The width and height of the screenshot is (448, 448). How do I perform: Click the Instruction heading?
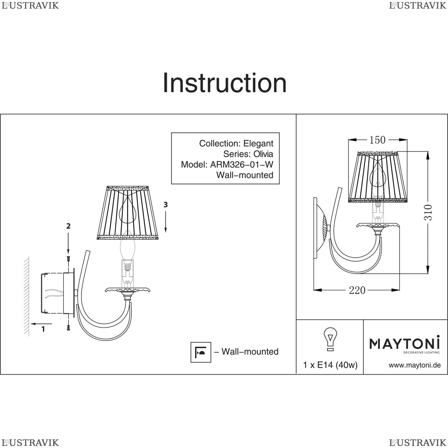[224, 83]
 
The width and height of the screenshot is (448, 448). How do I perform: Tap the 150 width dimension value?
[377, 140]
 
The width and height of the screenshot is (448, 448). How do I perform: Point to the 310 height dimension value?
[428, 212]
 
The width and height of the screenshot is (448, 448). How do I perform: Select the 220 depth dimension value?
[357, 290]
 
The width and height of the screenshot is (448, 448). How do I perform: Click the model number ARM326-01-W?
[242, 164]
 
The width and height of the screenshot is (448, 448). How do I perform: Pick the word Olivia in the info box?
[263, 154]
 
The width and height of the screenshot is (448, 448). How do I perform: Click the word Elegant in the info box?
[258, 143]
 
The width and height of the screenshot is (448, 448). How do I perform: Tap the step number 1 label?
[43, 329]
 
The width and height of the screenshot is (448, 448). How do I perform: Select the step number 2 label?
[68, 226]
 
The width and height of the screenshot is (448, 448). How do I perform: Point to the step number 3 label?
[165, 205]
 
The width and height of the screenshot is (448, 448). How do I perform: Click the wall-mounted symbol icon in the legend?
[201, 352]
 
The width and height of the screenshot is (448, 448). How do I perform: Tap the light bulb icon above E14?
[330, 339]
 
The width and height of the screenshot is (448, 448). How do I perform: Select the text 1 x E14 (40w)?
[330, 365]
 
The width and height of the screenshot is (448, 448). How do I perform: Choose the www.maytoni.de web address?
[414, 365]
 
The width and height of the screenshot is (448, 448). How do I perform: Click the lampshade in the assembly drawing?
[127, 213]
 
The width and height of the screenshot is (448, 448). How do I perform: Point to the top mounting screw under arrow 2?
[68, 259]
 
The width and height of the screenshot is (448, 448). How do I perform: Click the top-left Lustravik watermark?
[30, 5]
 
